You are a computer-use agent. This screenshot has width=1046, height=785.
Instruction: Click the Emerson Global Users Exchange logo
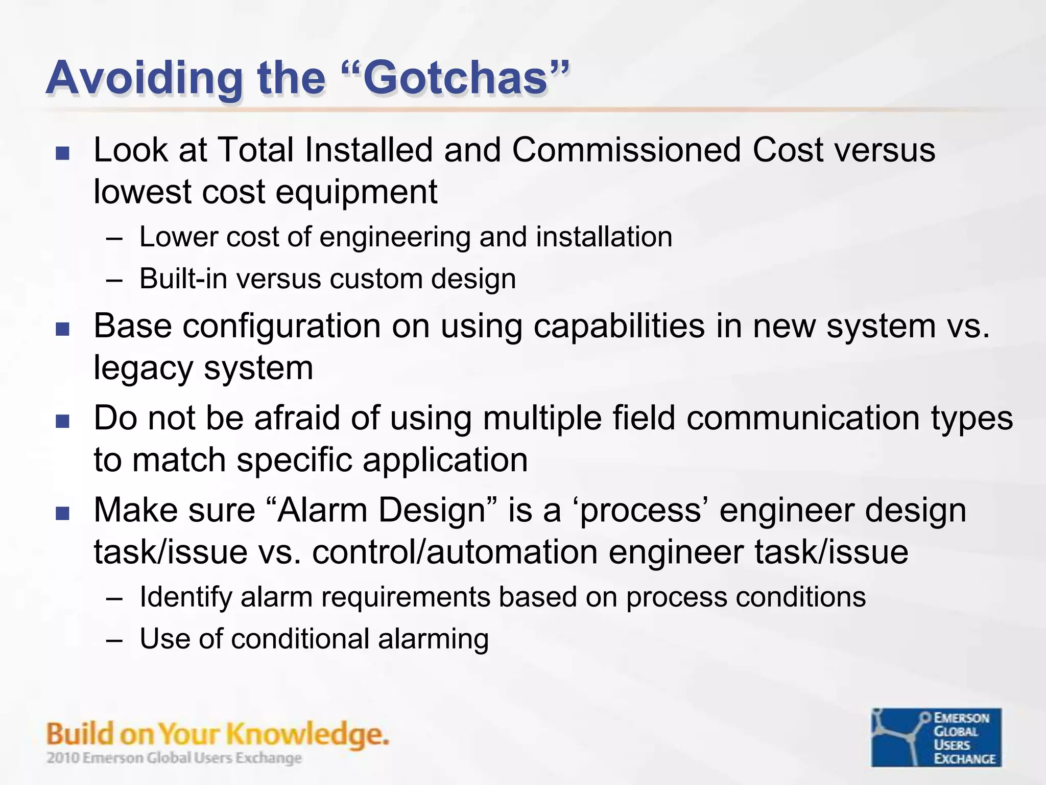point(936,737)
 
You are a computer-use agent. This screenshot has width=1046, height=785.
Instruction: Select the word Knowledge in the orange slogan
point(306,734)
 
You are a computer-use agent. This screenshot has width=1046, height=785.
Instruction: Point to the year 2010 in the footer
point(63,758)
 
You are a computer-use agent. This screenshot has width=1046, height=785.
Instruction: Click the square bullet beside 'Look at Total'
point(62,153)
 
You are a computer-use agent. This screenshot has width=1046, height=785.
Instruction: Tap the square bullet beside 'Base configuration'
point(62,329)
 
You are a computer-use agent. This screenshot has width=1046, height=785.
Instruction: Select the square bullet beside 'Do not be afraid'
point(62,421)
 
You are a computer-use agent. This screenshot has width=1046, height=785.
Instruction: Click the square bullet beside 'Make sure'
point(62,513)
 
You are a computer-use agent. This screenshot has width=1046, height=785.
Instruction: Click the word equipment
point(356,192)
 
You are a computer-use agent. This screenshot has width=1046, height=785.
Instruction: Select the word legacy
point(143,368)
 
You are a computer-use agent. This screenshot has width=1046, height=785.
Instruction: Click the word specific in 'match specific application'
point(294,460)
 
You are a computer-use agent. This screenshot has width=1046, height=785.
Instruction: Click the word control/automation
point(455,552)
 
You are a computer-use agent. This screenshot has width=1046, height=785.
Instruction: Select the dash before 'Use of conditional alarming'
point(115,640)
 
